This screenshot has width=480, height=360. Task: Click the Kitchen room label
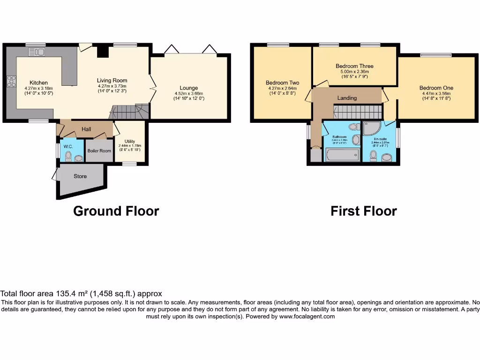(38, 82)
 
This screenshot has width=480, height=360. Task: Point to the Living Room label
(112, 80)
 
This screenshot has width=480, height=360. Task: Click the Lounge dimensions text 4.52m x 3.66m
(188, 93)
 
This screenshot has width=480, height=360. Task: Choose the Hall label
(86, 129)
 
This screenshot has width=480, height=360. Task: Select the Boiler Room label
(99, 150)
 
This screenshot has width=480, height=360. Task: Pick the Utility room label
(130, 141)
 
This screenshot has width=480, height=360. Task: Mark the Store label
(80, 177)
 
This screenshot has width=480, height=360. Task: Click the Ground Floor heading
(116, 211)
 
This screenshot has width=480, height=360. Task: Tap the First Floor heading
(363, 211)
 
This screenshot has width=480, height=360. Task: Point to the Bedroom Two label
(282, 82)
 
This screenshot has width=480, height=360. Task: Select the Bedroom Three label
(354, 66)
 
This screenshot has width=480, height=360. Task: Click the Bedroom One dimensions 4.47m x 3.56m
(436, 93)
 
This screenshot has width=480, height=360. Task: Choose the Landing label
(347, 98)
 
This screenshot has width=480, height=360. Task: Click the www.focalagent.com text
(307, 316)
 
